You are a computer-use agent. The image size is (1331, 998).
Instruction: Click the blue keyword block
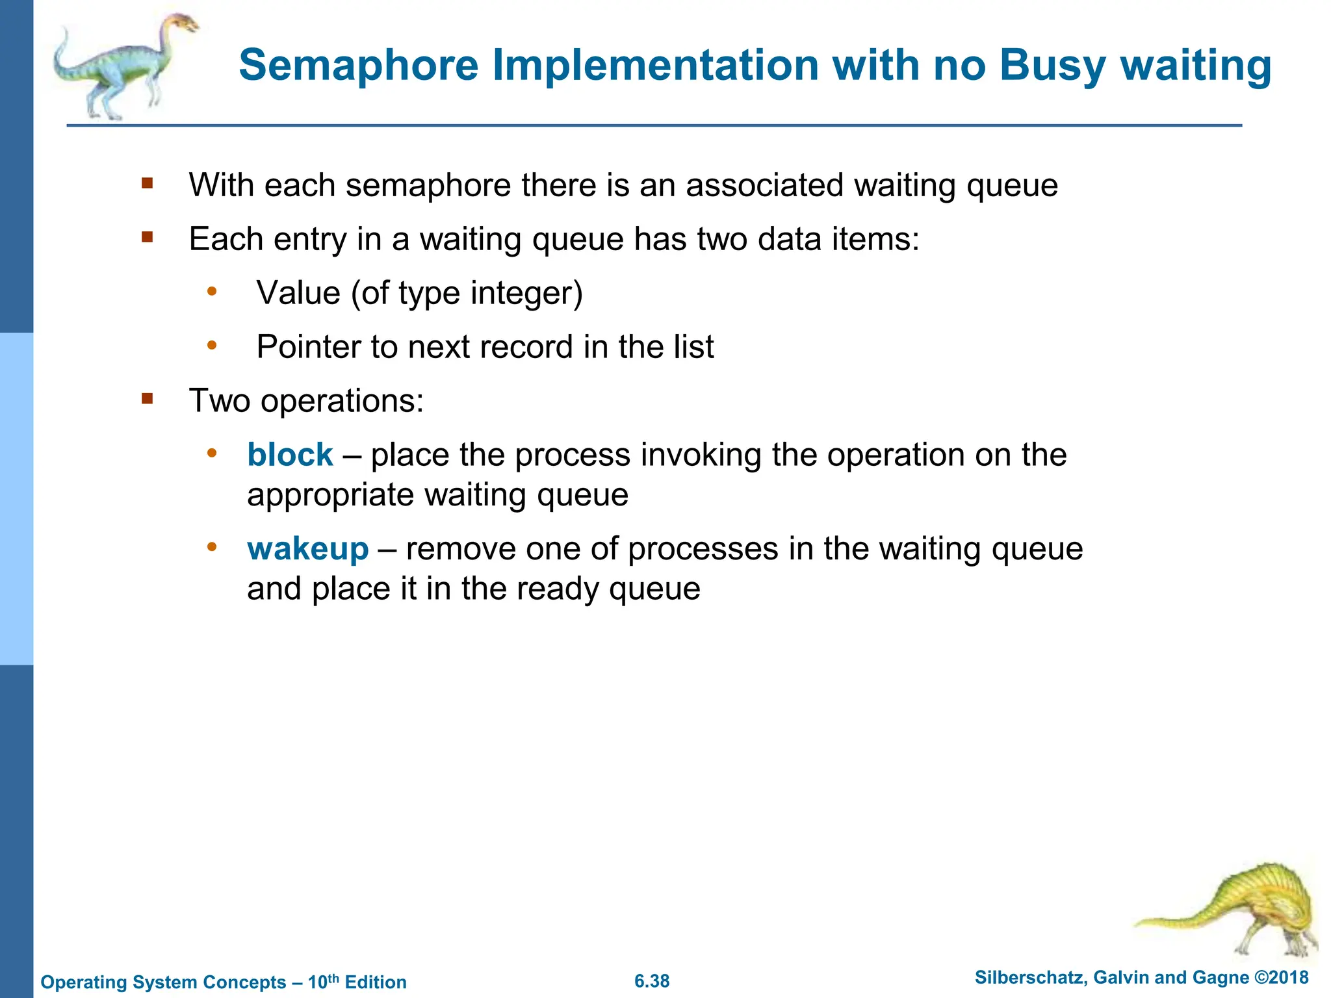(290, 454)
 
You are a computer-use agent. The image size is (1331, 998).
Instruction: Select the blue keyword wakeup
(308, 548)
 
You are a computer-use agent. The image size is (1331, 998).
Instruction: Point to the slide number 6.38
(652, 981)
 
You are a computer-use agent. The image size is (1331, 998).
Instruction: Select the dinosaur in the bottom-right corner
(1235, 910)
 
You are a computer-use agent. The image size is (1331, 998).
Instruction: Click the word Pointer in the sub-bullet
(308, 347)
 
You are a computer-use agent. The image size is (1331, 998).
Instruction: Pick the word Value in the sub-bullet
(298, 293)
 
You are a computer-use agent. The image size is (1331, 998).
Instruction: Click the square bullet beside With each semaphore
(148, 183)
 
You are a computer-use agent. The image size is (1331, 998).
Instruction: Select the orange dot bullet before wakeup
(211, 547)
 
